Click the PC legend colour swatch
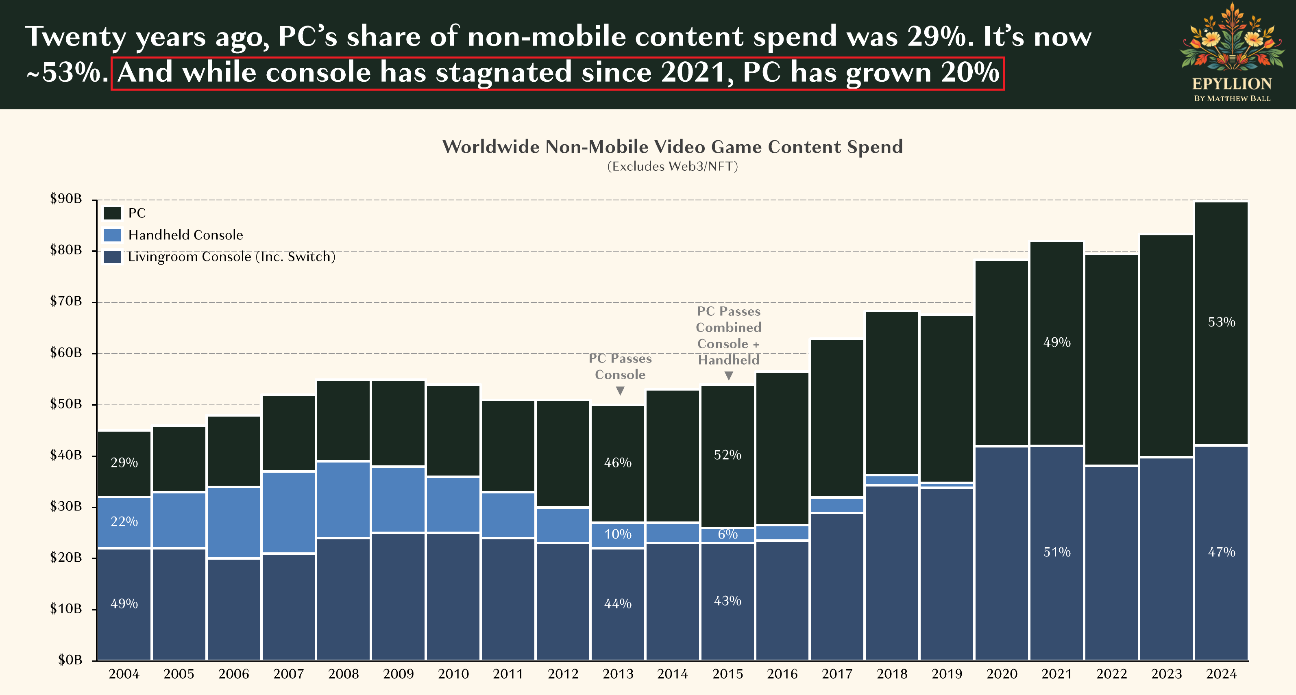112,213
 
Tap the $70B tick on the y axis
66,301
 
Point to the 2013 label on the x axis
618,674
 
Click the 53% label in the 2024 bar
1222,322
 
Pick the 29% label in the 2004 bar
124,462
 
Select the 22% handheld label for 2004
124,521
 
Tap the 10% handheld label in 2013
618,534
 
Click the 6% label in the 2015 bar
728,534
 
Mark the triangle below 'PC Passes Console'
620,391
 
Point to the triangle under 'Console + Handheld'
728,376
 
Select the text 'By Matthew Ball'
1232,99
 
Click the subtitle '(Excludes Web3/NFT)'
672,167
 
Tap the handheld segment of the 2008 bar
344,500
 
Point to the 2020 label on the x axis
1002,674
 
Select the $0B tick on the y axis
70,659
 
